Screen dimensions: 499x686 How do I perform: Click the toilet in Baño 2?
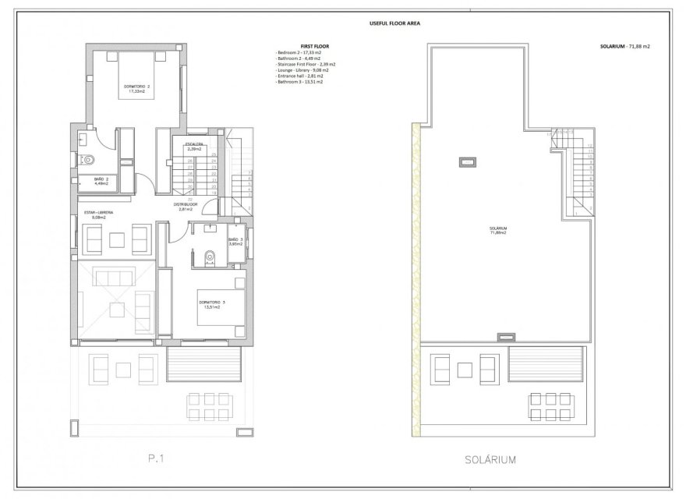[x=89, y=161]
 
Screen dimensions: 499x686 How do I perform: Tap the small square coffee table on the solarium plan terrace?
[x=465, y=365]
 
